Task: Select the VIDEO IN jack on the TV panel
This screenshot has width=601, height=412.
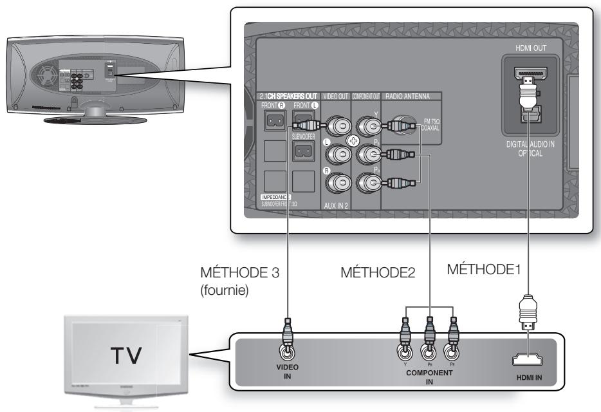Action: point(288,353)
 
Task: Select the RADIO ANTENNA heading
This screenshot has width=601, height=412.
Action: point(412,96)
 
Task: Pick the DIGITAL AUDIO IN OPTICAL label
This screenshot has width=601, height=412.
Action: point(529,149)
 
